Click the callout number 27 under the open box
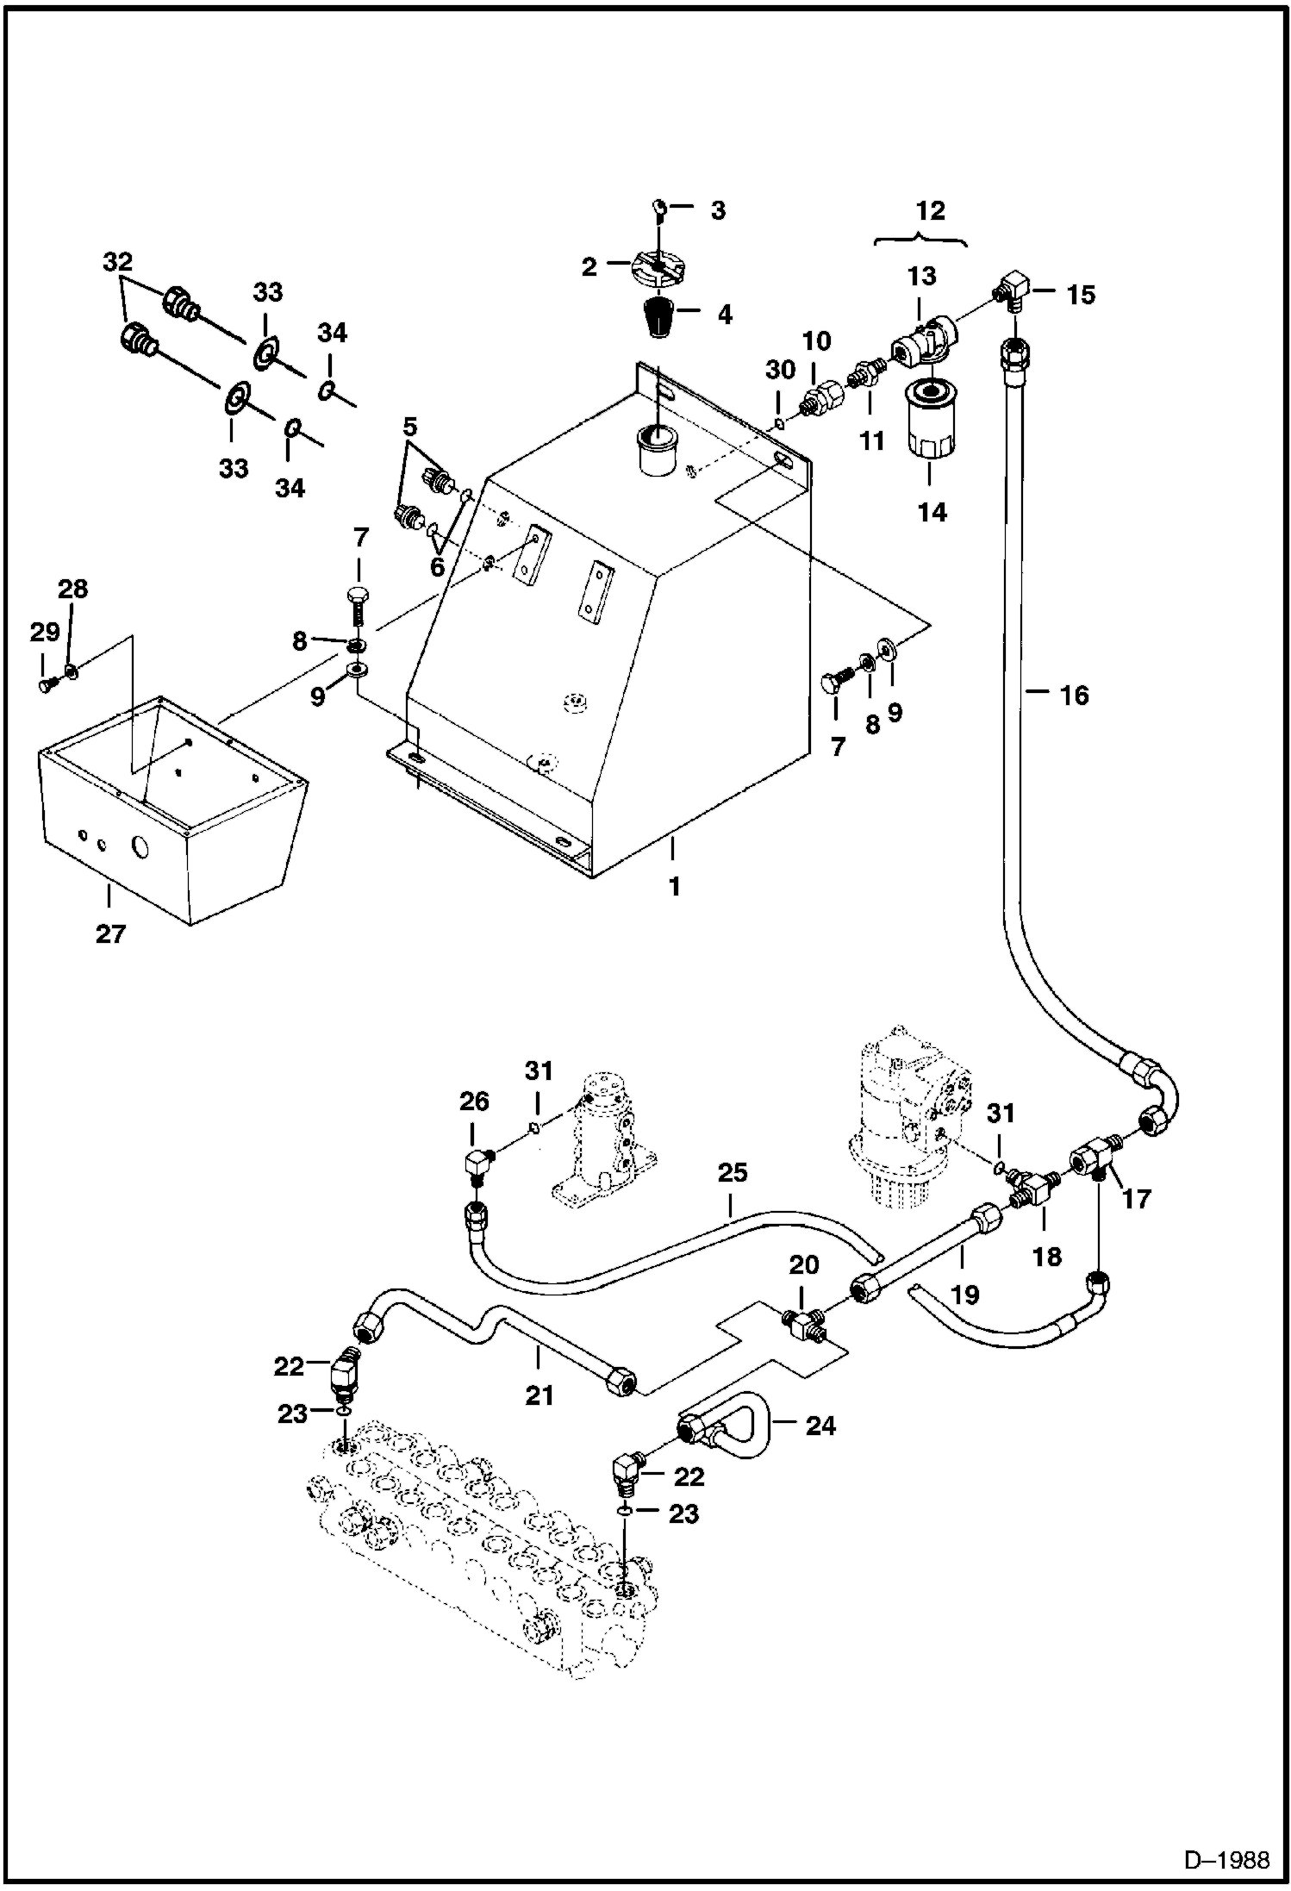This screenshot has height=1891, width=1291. point(110,933)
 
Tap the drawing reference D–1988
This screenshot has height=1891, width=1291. point(1226,1860)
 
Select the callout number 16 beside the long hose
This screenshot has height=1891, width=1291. point(1074,695)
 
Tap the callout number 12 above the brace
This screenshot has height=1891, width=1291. point(931,210)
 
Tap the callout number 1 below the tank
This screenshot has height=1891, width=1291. point(675,885)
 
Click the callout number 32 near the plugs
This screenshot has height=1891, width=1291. point(118,261)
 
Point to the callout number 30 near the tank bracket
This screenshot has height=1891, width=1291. point(780,370)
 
